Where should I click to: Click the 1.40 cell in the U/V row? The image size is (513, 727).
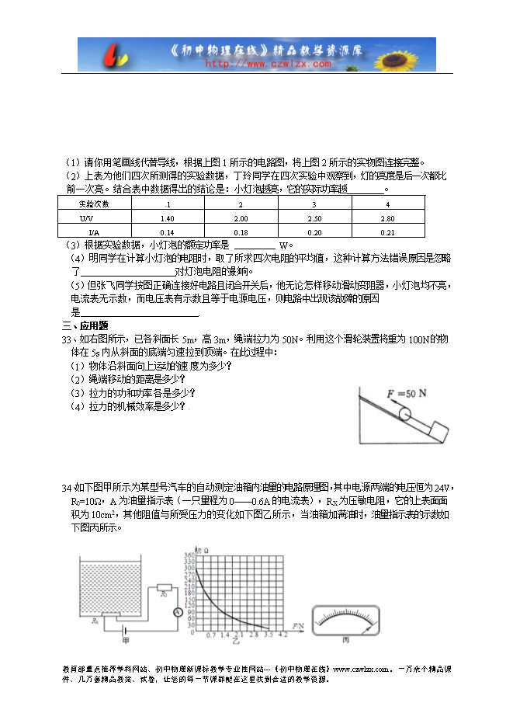[167, 219]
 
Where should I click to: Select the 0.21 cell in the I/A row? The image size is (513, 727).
[388, 232]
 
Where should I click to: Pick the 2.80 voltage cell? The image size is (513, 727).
[388, 219]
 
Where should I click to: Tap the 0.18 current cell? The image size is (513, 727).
[241, 232]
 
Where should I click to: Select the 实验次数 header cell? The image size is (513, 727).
[94, 204]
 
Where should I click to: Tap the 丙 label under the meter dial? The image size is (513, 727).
[346, 641]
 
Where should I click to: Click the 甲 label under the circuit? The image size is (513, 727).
[125, 641]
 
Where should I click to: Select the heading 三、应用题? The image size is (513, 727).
[85, 325]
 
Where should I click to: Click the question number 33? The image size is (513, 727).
[66, 339]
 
